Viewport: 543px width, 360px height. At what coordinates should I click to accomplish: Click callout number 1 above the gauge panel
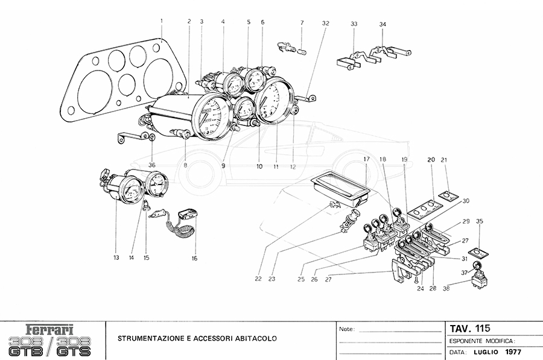pyautogui.click(x=162, y=22)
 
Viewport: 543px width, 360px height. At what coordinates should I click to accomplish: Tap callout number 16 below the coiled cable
pyautogui.click(x=195, y=258)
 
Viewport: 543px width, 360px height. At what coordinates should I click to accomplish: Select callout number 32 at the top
pyautogui.click(x=326, y=24)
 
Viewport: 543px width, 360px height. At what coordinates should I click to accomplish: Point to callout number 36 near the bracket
pyautogui.click(x=151, y=165)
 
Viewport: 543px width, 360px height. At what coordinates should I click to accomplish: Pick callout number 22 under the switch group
pyautogui.click(x=258, y=279)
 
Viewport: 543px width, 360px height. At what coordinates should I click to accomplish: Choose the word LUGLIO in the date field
pyautogui.click(x=488, y=352)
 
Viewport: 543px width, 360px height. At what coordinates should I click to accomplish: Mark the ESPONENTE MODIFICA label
pyautogui.click(x=481, y=341)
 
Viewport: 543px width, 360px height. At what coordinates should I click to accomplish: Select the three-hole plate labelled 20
pyautogui.click(x=426, y=207)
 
